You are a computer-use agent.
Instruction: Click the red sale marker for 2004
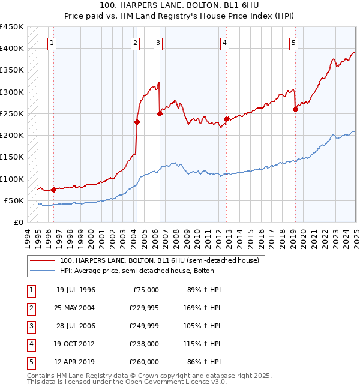(x=137, y=122)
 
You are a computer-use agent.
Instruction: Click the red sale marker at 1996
(x=53, y=190)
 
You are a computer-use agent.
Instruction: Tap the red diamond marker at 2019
(x=295, y=109)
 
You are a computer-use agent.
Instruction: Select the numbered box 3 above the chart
(x=157, y=43)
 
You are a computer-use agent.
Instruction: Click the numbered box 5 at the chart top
(x=293, y=43)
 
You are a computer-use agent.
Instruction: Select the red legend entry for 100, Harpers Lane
(x=159, y=261)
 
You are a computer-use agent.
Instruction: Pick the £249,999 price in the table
(x=145, y=326)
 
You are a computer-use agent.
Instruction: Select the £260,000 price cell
(x=145, y=362)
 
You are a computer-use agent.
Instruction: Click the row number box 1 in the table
(x=30, y=290)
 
